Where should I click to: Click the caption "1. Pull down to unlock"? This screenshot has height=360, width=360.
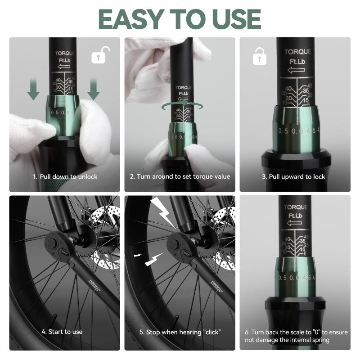[65, 176]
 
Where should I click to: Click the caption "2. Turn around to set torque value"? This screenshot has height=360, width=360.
[180, 176]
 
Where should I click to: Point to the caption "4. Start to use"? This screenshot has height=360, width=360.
[62, 332]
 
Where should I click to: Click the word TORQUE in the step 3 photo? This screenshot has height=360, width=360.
[297, 52]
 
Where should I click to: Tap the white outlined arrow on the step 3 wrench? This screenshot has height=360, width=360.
[297, 70]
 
